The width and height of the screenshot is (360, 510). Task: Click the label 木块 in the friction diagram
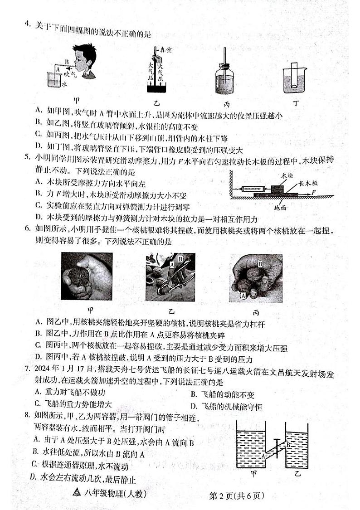[x=286, y=175]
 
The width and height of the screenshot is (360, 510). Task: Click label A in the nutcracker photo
[x=172, y=262]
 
